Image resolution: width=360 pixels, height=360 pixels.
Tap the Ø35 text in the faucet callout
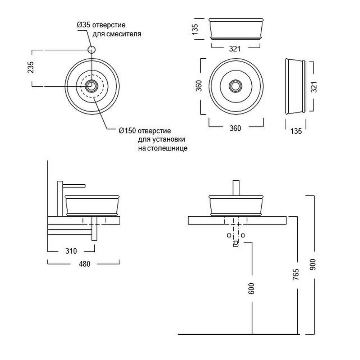pos(84,25)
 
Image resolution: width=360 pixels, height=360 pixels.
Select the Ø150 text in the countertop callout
pos(127,130)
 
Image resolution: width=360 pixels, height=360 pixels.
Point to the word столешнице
pos(162,148)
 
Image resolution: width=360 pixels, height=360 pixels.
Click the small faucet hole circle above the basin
pos(92,50)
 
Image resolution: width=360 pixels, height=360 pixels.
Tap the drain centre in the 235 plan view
pos(92,86)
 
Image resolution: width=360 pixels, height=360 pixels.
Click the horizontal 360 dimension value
pos(235,128)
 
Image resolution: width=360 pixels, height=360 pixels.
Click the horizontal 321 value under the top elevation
pos(235,49)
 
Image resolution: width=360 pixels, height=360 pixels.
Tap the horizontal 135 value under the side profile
pos(296,131)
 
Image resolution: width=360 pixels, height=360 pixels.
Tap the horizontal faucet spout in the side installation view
pos(75,185)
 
